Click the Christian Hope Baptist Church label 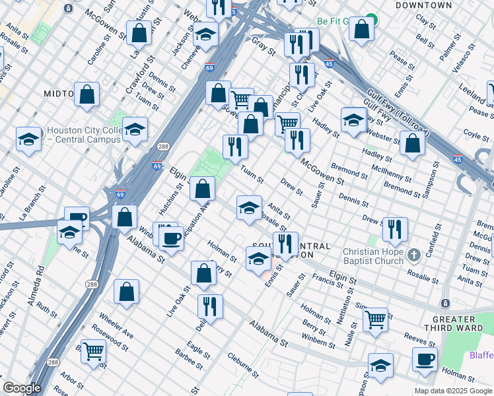coord(372,255)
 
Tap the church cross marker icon coord(413,255)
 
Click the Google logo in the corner coord(22,388)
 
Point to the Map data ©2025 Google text coord(453,391)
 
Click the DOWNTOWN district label coord(423,5)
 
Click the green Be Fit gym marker coord(371,21)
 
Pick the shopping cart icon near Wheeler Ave coord(94,350)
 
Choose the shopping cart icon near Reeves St coord(375,319)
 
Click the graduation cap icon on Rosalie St coord(249,207)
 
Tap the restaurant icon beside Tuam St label coord(234,147)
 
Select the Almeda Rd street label coord(40,280)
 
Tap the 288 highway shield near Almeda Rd coord(89,284)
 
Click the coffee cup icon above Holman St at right coord(425,359)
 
